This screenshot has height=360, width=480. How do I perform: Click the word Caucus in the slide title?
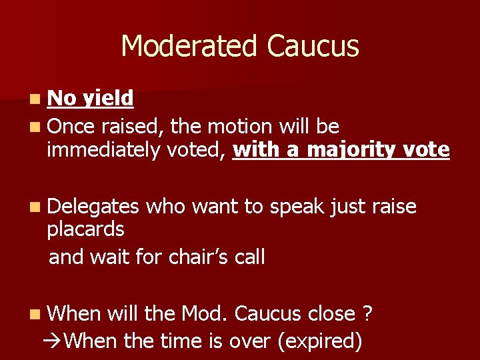312,47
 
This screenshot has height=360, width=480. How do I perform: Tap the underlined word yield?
108,99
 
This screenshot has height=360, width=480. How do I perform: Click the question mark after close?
367,313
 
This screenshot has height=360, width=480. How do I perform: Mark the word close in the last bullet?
332,313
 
